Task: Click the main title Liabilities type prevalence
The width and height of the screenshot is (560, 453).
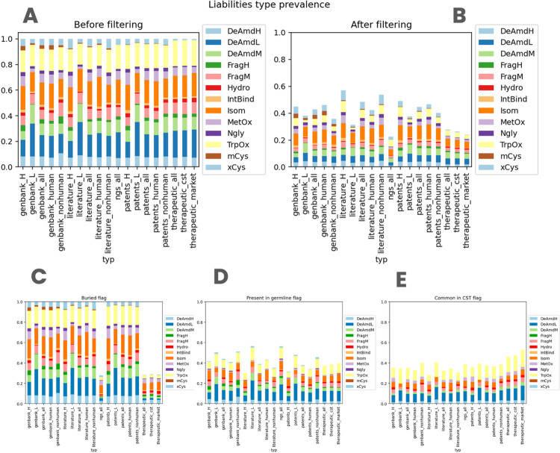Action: (281, 6)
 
